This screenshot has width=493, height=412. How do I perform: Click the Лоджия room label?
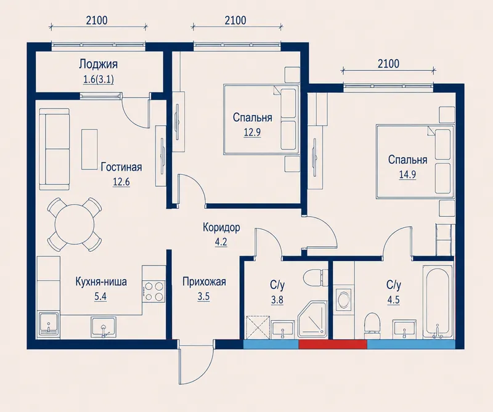pos(98,65)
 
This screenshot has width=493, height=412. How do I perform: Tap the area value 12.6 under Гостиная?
pos(121,182)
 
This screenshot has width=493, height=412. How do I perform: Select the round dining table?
pos(75,224)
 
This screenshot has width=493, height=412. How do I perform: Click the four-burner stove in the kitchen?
pos(153,291)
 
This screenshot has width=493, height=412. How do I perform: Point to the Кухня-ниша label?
pos(101,281)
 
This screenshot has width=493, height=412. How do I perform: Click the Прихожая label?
pos(204,281)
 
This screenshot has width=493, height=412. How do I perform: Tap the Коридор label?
pos(221,227)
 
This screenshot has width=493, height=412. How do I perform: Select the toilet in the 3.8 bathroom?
pos(316,277)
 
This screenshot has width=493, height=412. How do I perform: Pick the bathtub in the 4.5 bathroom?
pos(438,302)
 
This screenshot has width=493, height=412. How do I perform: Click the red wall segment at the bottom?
pos(333,344)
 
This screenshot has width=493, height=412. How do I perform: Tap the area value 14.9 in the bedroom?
pos(407,174)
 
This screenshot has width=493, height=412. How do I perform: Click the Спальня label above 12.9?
pos(252,118)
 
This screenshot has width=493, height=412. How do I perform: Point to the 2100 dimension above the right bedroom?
pos(389,64)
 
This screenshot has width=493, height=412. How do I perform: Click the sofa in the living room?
pos(54,149)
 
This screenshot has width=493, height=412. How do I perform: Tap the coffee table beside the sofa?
pos(89,150)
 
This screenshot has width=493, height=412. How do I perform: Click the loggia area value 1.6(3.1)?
pos(98,79)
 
